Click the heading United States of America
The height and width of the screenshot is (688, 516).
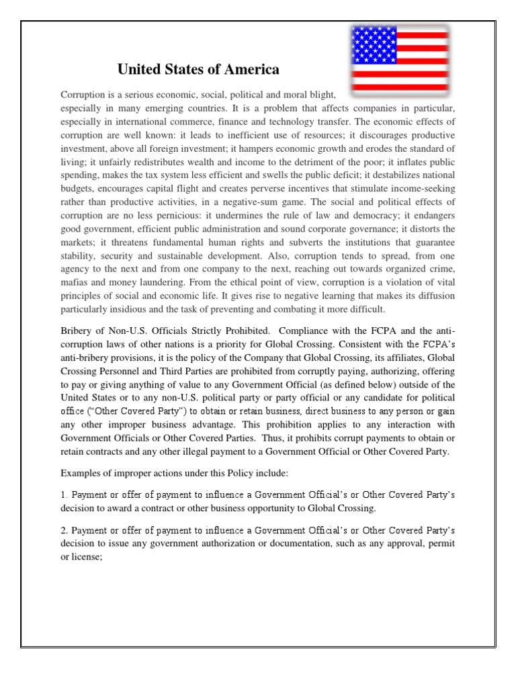pos(198,70)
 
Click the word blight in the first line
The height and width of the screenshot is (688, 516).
pos(319,95)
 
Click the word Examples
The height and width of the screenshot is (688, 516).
pos(82,474)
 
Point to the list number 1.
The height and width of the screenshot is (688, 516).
pos(63,495)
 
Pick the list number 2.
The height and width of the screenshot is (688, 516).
pos(63,530)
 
